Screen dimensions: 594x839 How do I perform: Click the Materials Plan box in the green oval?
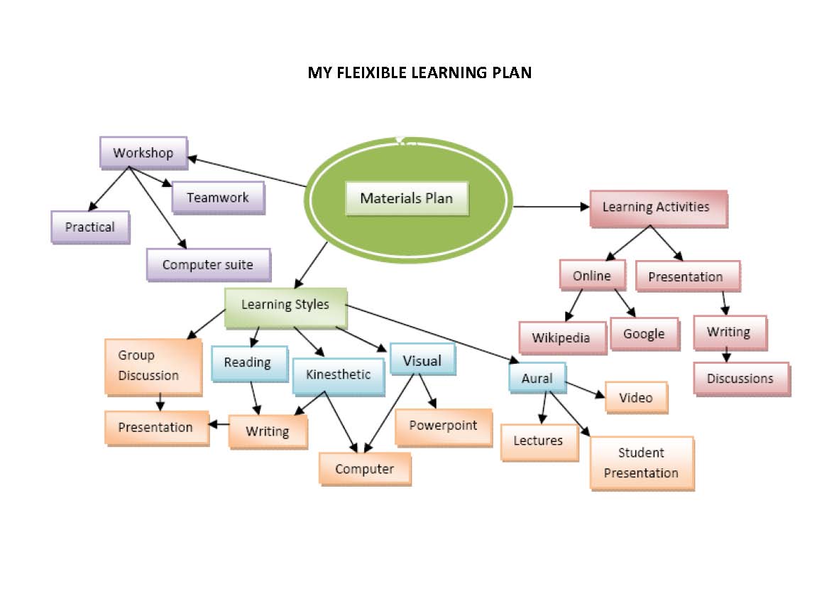[x=407, y=198]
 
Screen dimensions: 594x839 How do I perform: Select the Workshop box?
[x=143, y=153]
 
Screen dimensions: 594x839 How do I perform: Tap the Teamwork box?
[x=218, y=198]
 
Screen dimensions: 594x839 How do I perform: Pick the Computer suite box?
[x=208, y=264]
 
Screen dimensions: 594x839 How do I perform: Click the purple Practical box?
[x=89, y=227]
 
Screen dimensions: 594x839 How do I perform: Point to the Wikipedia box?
[x=561, y=337]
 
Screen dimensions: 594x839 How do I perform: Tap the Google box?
[x=644, y=334]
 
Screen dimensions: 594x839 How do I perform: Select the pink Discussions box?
[x=740, y=379]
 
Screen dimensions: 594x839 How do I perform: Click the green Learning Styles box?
[x=285, y=306]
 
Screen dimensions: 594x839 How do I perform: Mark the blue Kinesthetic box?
[x=338, y=374]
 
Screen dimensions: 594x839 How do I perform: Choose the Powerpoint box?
[x=443, y=426]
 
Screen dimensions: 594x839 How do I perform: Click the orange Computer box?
[x=364, y=469]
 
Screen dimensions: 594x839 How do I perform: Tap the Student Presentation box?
[x=641, y=463]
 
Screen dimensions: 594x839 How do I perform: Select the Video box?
[x=635, y=397]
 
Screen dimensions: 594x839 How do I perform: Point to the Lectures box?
[x=538, y=441]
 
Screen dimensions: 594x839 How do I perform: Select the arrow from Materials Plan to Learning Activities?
[x=551, y=207]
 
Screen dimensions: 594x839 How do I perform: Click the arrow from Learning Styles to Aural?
[x=433, y=334]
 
